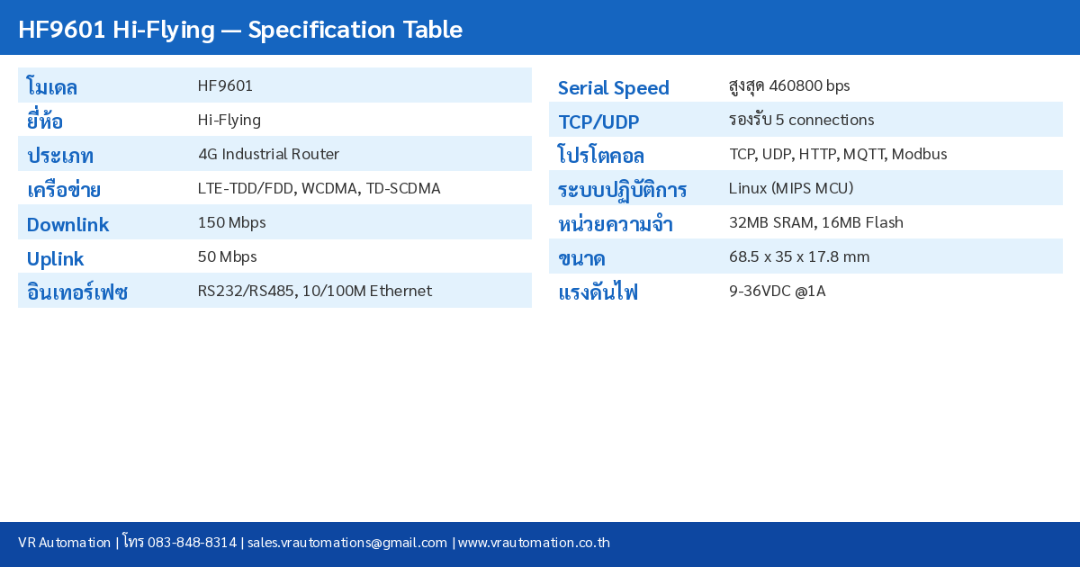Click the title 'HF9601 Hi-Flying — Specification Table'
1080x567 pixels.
tap(239, 30)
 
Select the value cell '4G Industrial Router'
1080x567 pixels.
tap(268, 154)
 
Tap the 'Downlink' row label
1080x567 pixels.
tap(67, 224)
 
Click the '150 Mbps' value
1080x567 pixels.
tap(231, 222)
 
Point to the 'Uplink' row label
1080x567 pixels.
tap(55, 258)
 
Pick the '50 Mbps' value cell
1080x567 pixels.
tap(227, 256)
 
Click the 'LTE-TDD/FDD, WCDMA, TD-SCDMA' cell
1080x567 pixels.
tap(319, 188)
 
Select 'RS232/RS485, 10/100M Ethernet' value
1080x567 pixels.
tap(314, 291)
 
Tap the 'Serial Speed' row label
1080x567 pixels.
tap(613, 87)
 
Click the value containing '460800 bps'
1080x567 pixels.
tap(788, 85)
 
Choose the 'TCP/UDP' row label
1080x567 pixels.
tap(598, 121)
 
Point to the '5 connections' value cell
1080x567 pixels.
tap(801, 120)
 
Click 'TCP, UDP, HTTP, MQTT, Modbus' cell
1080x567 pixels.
tap(837, 154)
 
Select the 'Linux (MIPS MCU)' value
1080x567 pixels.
tap(790, 188)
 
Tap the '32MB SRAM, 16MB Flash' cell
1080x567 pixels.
tap(815, 222)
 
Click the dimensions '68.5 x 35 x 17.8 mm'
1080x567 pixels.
tap(798, 256)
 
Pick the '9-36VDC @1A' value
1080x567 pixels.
tap(777, 291)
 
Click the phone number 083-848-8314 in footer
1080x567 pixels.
tap(192, 542)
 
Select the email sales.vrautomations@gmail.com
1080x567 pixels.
tap(346, 542)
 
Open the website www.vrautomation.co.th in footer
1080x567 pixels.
tap(534, 542)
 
